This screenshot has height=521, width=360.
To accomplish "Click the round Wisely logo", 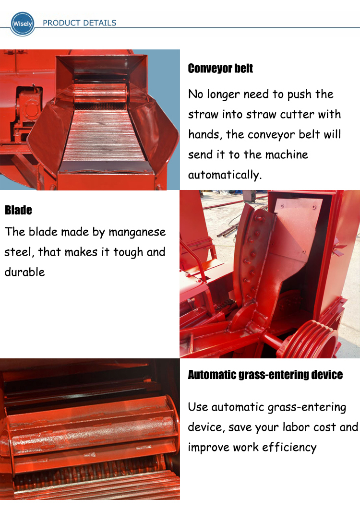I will click(x=23, y=24).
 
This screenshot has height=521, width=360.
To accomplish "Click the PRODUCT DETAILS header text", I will click(x=80, y=23).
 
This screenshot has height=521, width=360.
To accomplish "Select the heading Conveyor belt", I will click(x=220, y=69).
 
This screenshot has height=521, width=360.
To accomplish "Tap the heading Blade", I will click(x=18, y=210).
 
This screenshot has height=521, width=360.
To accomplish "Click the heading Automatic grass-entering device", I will click(x=265, y=375).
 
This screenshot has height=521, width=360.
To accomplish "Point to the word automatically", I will click(x=225, y=175).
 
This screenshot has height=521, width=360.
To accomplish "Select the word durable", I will click(x=24, y=272).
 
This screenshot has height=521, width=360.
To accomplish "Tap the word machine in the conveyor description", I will click(x=288, y=155).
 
